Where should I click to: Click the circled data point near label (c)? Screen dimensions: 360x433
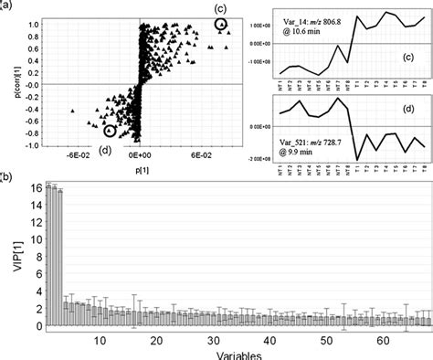coord(220,26)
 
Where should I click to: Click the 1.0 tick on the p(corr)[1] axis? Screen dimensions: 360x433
coord(35,24)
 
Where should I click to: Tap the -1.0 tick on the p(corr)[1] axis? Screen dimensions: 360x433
coord(34,144)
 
